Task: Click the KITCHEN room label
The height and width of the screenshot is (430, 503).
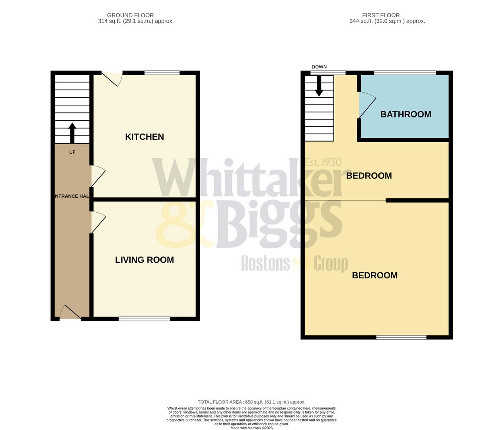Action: click(x=144, y=137)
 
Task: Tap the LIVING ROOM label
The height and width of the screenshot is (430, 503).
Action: click(x=144, y=260)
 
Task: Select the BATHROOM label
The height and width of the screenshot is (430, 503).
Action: click(x=406, y=114)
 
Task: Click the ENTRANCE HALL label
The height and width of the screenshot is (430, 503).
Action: click(x=72, y=196)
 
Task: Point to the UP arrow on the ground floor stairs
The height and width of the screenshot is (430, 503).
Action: click(x=72, y=133)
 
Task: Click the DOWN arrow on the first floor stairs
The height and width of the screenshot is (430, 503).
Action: click(x=319, y=87)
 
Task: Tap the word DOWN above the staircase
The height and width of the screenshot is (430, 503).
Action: click(x=319, y=67)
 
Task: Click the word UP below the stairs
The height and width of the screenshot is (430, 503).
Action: click(x=72, y=152)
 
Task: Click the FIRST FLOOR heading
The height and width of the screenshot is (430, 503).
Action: click(x=381, y=15)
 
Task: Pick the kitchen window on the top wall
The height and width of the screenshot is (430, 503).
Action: click(x=162, y=73)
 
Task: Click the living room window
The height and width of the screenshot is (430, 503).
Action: click(x=144, y=319)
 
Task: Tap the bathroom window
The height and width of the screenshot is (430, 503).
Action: click(x=405, y=73)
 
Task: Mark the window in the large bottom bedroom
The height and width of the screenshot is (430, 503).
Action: click(x=401, y=338)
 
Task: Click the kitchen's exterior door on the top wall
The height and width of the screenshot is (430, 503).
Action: click(x=112, y=78)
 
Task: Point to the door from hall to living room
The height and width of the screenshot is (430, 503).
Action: click(x=97, y=222)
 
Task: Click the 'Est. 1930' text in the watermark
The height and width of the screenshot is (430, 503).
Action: click(x=323, y=162)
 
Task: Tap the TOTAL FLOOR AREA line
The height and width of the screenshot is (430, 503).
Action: click(x=251, y=402)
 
